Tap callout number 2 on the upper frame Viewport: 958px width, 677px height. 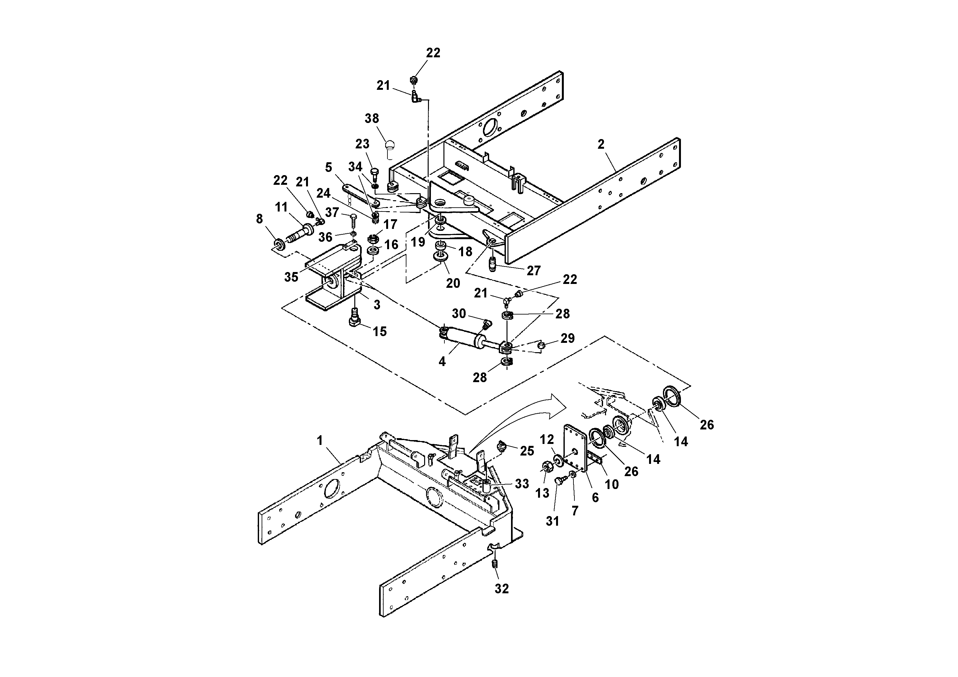coord(601,145)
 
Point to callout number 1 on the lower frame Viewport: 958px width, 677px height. coord(320,440)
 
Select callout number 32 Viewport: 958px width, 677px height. coord(502,588)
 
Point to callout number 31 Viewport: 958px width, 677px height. coord(553,521)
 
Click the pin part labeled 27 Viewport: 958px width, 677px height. coord(493,264)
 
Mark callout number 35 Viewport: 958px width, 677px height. coord(291,277)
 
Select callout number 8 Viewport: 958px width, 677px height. coord(259,219)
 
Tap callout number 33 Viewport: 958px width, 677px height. coord(522,484)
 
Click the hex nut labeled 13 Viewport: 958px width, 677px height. coord(545,466)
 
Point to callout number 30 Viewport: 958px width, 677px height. coord(459,314)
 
